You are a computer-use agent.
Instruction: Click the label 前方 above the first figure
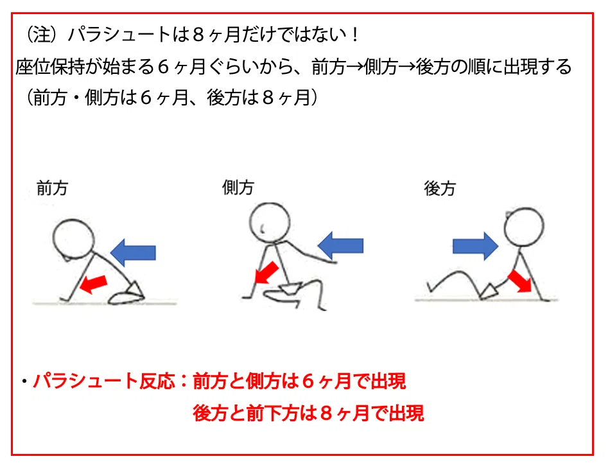[52, 188]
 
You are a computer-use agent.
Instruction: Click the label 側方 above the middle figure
[238, 187]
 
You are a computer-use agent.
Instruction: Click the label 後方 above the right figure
[440, 189]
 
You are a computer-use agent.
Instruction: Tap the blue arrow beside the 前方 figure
[133, 252]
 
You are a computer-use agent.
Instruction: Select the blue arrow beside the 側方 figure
[340, 246]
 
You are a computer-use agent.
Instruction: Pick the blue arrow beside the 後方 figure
[475, 247]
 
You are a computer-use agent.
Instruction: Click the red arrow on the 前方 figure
[93, 284]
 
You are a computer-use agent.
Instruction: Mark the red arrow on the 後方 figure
[519, 281]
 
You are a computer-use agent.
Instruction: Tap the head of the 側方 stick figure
[270, 222]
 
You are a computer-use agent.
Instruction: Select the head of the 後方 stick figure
[524, 227]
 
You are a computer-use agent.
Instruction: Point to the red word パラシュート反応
[104, 381]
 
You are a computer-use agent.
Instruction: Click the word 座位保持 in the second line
[50, 67]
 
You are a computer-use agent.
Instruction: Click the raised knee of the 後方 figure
[459, 273]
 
